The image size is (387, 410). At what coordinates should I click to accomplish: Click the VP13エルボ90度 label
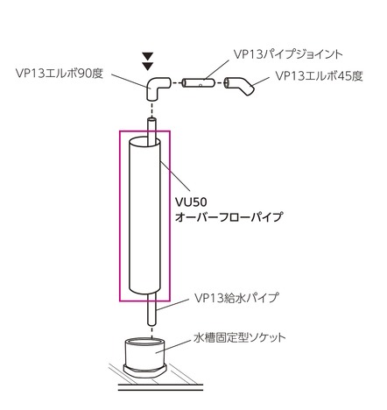[60, 74]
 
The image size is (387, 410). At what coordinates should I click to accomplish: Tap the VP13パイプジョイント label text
[288, 54]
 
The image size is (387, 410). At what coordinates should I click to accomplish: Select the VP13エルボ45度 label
[320, 76]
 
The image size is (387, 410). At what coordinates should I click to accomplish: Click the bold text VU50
[191, 201]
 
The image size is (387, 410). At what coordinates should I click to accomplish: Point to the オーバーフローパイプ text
[229, 216]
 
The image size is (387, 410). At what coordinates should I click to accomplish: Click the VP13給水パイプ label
[236, 298]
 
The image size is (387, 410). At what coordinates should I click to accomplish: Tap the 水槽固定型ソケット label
[240, 338]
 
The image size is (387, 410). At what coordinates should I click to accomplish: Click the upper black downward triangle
[148, 56]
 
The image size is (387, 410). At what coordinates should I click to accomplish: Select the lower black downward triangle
[148, 66]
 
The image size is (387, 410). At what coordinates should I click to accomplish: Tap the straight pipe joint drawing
[199, 83]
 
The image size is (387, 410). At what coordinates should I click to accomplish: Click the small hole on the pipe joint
[201, 86]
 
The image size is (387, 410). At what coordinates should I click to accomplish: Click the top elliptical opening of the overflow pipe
[144, 144]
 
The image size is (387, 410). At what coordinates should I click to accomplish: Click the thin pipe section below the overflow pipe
[151, 309]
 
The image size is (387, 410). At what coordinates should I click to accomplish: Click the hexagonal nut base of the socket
[144, 371]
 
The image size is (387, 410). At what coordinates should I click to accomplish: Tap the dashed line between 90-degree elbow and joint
[176, 83]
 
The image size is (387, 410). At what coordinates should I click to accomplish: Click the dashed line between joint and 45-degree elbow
[220, 83]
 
